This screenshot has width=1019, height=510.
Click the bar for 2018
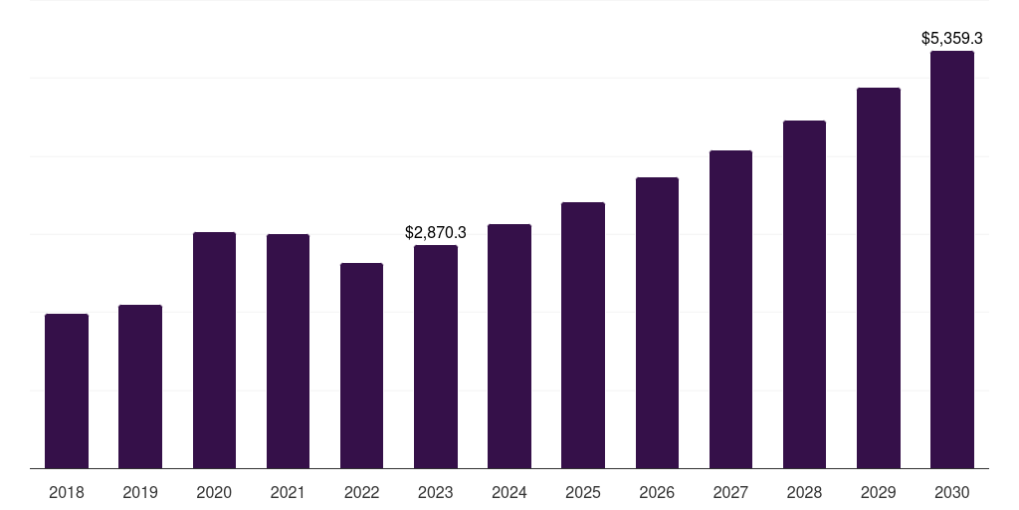pyautogui.click(x=67, y=390)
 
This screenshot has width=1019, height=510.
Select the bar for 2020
pyautogui.click(x=215, y=350)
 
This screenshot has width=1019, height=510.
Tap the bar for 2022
pyautogui.click(x=361, y=366)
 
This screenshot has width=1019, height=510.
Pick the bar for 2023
pyautogui.click(x=436, y=357)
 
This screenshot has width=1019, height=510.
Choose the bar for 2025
pyautogui.click(x=583, y=335)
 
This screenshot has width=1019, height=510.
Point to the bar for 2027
pyautogui.click(x=730, y=309)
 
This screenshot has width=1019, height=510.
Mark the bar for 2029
pyautogui.click(x=879, y=278)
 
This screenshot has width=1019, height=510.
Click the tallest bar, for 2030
pyautogui.click(x=952, y=260)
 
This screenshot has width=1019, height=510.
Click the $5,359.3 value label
pyautogui.click(x=952, y=39)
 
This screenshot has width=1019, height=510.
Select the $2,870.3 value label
pyautogui.click(x=436, y=232)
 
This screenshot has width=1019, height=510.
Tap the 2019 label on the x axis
pyautogui.click(x=140, y=492)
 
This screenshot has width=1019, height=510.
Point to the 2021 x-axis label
pyautogui.click(x=288, y=492)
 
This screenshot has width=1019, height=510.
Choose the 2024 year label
pyautogui.click(x=509, y=492)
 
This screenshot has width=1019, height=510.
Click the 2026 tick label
pyautogui.click(x=657, y=492)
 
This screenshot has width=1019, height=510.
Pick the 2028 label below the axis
pyautogui.click(x=804, y=492)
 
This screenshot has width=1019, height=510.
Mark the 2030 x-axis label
pyautogui.click(x=952, y=492)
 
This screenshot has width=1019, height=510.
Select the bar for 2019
pyautogui.click(x=140, y=386)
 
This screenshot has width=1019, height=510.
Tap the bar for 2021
pyautogui.click(x=288, y=352)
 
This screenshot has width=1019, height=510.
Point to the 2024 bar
pyautogui.click(x=509, y=346)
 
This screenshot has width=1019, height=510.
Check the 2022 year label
pyautogui.click(x=361, y=492)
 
